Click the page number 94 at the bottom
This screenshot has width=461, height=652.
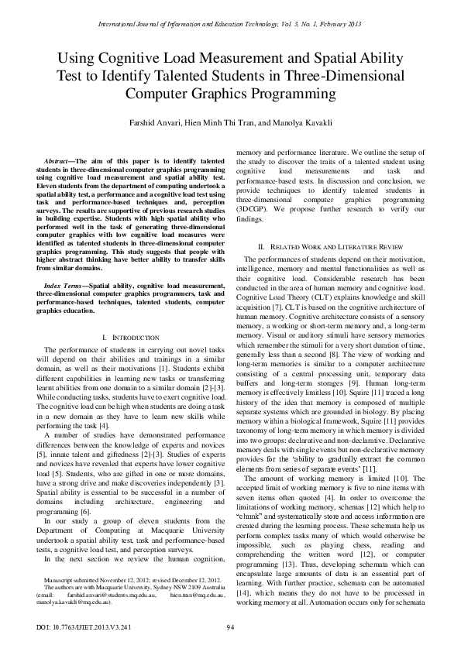[x=230, y=626]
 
